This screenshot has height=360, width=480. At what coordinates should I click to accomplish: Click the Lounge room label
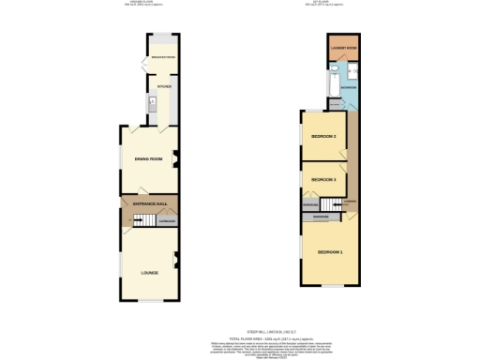(149, 273)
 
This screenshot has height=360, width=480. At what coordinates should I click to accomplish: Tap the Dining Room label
(150, 159)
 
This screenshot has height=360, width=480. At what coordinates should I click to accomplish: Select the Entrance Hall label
(149, 203)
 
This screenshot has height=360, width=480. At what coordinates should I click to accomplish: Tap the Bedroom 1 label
(330, 253)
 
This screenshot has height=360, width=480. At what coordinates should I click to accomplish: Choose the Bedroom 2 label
(323, 137)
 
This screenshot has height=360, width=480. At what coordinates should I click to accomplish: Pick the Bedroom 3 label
(322, 178)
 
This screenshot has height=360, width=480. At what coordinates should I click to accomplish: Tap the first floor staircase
(326, 204)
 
